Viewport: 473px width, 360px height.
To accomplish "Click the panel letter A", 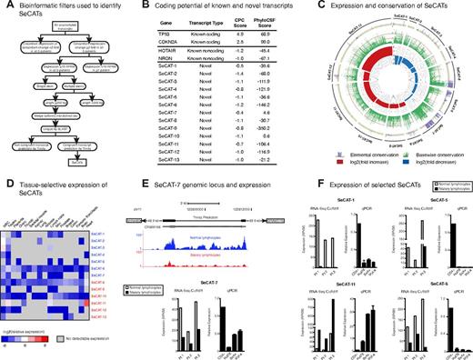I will click(x=5, y=6).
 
